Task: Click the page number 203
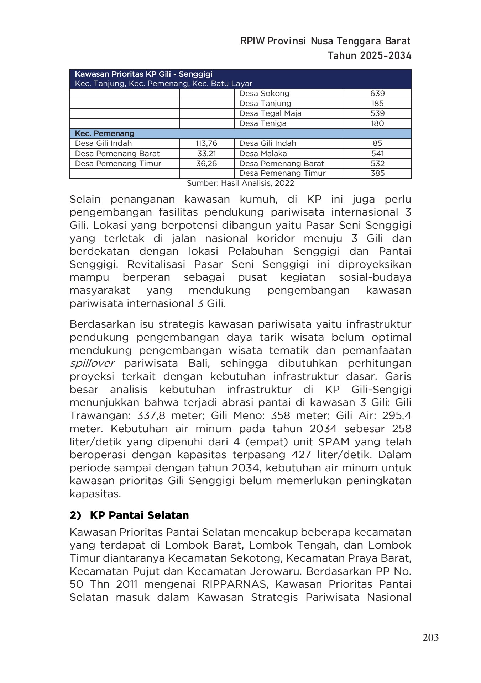point(430,637)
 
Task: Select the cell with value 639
point(377,94)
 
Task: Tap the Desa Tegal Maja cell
point(270,113)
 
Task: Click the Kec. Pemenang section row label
point(104,134)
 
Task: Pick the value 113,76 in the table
point(206,143)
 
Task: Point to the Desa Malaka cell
point(263,154)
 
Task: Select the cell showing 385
point(377,173)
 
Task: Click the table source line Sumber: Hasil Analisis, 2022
point(240,183)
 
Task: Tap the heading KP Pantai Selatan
point(139,515)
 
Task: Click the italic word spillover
point(92,363)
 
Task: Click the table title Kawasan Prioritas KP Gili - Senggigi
point(143,74)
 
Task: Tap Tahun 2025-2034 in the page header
point(369,56)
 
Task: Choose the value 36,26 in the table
point(206,164)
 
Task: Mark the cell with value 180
point(377,123)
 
